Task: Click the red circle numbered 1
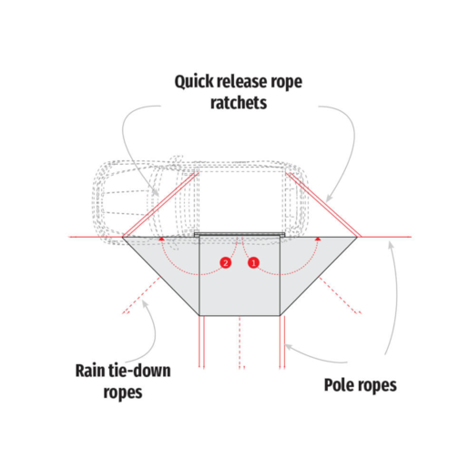click(x=254, y=262)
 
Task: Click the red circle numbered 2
click(x=226, y=262)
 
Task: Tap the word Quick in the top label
click(x=193, y=82)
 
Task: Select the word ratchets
click(x=239, y=103)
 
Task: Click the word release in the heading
click(x=241, y=81)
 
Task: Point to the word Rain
click(x=90, y=371)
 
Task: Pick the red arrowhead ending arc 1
click(x=318, y=239)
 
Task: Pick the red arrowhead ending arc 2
click(x=162, y=239)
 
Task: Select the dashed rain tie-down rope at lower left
click(x=141, y=295)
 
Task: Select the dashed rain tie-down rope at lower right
click(x=340, y=295)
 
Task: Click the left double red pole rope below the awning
click(x=201, y=342)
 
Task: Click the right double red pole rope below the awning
click(x=282, y=342)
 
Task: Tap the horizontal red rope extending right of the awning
click(x=384, y=237)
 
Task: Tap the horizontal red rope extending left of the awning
click(x=96, y=237)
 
